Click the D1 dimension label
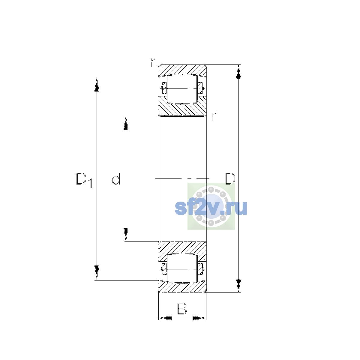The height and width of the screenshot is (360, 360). [84, 180]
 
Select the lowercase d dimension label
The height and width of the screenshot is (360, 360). [116, 179]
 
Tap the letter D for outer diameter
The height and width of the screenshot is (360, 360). [230, 178]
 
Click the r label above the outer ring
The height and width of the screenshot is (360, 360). [153, 62]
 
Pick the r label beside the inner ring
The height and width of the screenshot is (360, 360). [214, 117]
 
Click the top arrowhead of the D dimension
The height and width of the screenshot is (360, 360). [238, 72]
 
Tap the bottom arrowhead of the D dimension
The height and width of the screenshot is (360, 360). [238, 286]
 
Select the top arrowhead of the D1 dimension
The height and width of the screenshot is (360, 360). [97, 84]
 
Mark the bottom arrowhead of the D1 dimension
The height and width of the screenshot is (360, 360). [97, 273]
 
